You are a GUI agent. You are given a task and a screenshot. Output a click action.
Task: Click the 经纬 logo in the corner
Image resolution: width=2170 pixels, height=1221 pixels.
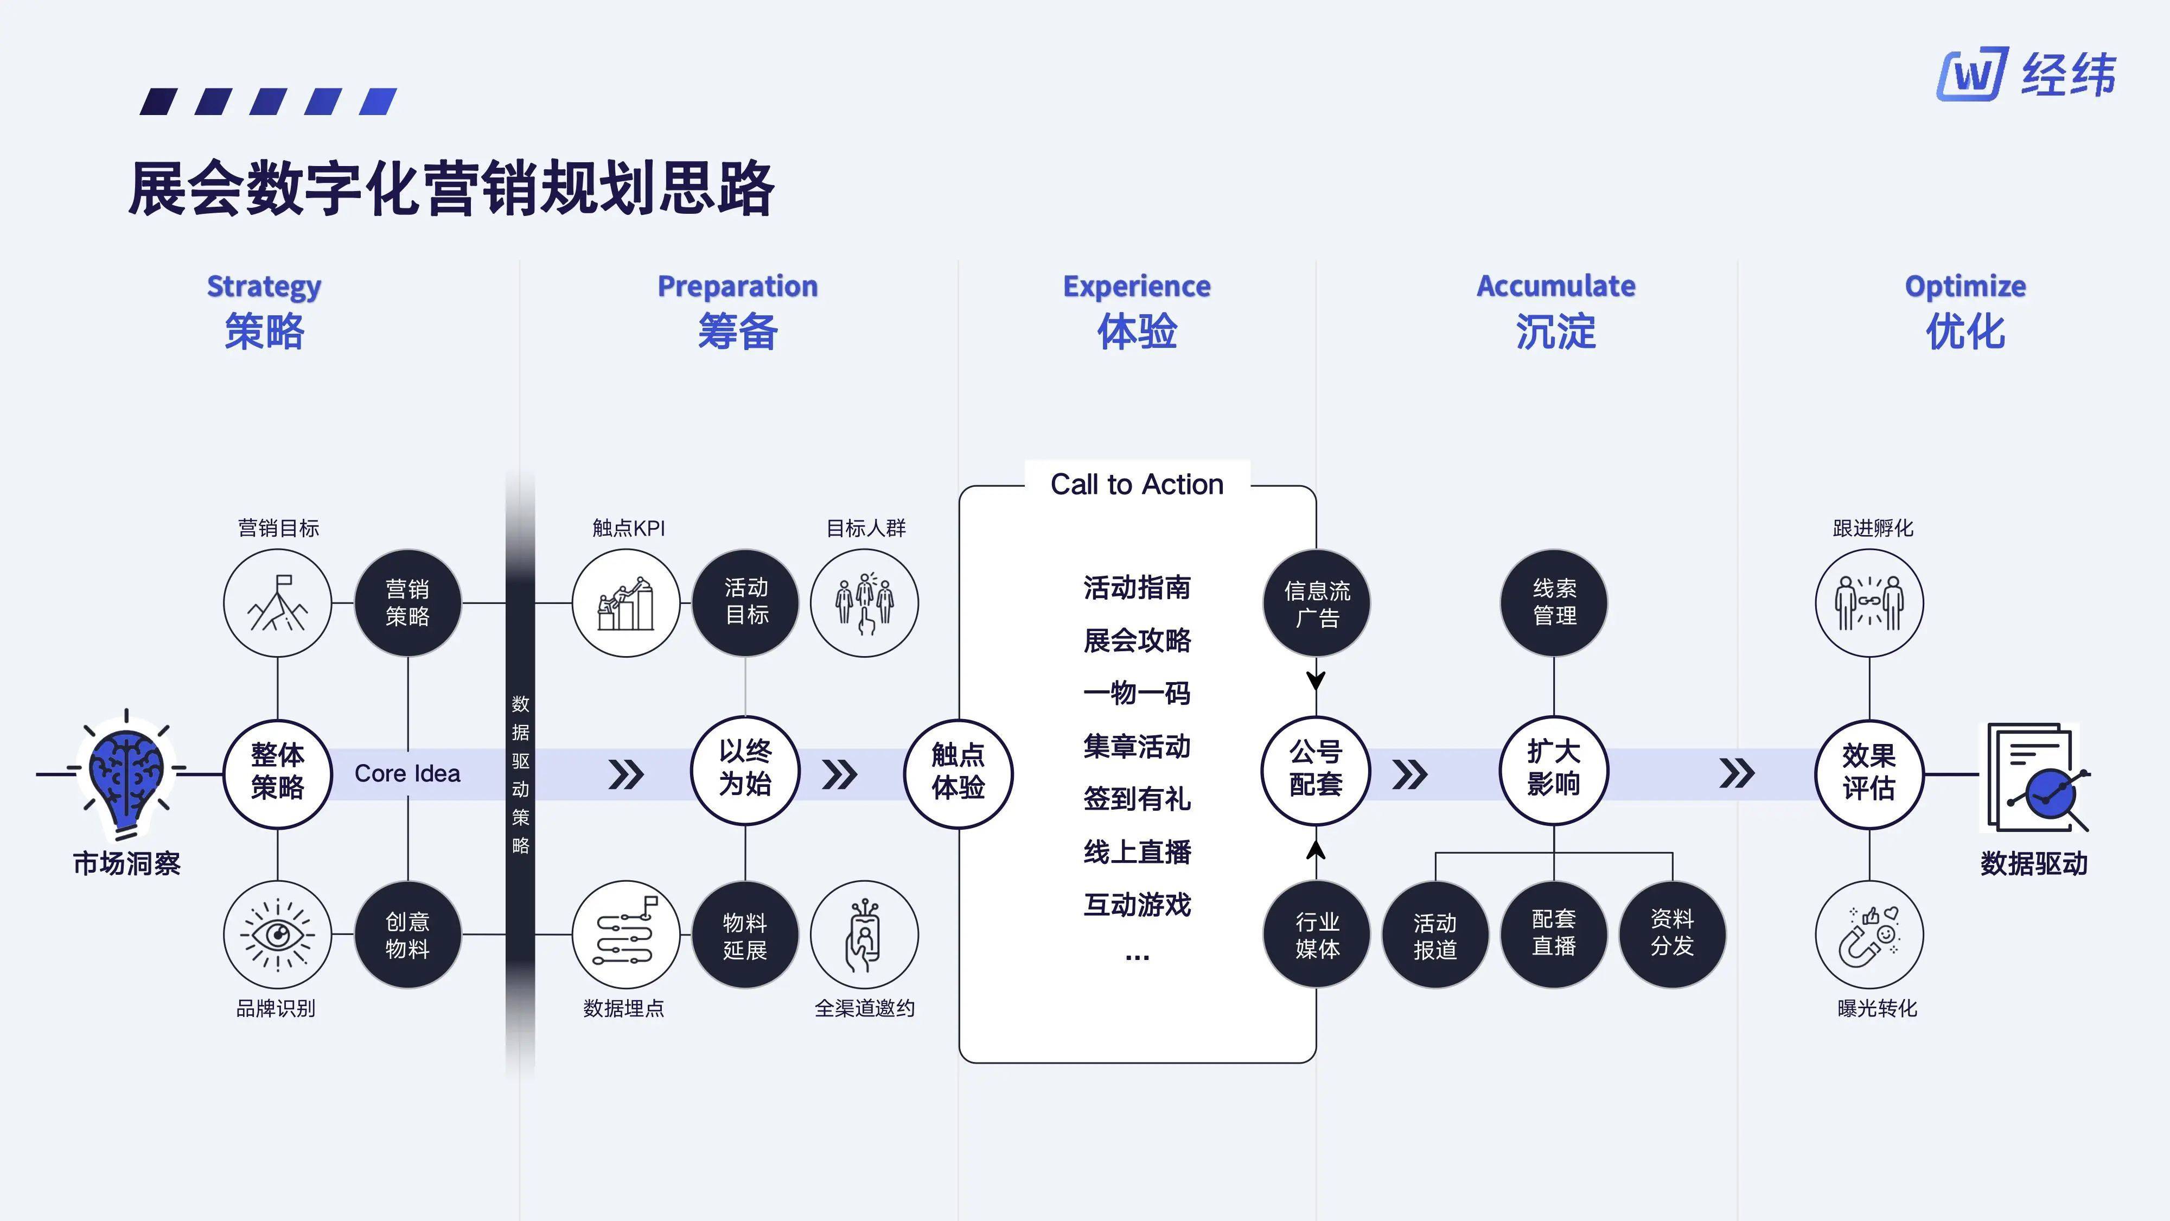2025,74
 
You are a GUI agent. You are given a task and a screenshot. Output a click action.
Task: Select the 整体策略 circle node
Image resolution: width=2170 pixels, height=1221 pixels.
277,772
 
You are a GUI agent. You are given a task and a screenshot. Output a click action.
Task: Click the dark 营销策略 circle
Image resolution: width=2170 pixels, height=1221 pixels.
408,602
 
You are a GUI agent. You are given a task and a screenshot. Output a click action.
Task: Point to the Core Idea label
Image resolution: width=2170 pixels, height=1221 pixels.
408,773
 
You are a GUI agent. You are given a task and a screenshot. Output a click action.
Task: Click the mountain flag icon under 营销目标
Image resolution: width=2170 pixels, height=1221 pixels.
277,602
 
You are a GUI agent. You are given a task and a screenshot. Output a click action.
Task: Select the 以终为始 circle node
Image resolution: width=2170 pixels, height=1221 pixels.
745,768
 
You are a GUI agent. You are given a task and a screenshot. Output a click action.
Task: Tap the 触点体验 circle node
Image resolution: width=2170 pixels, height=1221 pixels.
958,772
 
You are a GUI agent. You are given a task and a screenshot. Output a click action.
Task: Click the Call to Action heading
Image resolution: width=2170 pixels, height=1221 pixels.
1137,485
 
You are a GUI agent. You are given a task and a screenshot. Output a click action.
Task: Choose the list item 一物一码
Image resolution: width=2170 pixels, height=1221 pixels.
1137,692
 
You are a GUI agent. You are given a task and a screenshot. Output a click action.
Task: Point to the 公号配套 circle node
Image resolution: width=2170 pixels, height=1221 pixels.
1315,768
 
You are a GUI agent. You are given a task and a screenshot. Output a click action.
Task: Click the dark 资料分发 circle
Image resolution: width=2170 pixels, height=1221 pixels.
1672,933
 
